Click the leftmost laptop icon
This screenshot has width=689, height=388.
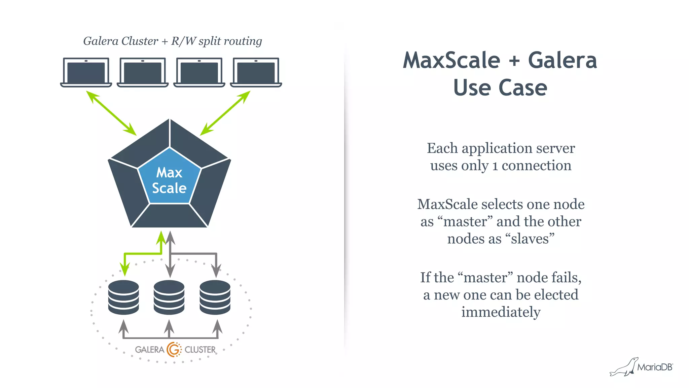tap(86, 72)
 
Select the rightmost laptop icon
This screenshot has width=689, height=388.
tap(256, 72)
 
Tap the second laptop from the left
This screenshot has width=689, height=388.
tap(143, 72)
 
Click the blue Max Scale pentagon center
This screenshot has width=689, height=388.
tap(169, 180)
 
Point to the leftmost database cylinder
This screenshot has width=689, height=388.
tap(123, 297)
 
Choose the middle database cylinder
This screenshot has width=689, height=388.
tap(169, 297)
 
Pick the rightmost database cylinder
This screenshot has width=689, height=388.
tap(215, 297)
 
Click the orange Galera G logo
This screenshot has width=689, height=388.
tap(174, 349)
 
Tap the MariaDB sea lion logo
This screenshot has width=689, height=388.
tap(624, 367)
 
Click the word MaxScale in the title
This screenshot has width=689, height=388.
tap(451, 60)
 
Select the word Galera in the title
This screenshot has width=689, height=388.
tap(562, 60)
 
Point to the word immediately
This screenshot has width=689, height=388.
tap(501, 312)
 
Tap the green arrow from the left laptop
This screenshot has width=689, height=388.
tap(111, 113)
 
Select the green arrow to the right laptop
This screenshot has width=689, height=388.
tap(225, 113)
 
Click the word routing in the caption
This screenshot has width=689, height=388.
tap(243, 41)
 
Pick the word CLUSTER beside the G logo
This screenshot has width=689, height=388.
tap(200, 350)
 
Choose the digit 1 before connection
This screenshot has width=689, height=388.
tap(495, 166)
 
